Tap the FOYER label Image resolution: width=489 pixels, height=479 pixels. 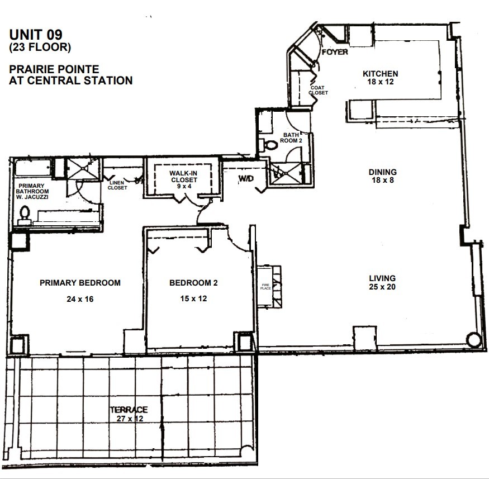point(335,53)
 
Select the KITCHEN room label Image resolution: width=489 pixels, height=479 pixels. point(380,74)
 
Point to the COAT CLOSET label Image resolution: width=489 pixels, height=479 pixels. point(319,90)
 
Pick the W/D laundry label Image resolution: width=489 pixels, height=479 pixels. point(246,178)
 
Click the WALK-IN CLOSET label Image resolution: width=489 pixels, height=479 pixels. point(183,177)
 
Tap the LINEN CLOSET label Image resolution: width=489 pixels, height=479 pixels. point(117,185)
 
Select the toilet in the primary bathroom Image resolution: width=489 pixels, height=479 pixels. point(24,214)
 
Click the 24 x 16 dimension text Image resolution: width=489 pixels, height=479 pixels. point(80,299)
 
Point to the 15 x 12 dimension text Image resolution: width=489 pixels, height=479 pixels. point(193,299)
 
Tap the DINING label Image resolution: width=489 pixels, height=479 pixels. point(382,172)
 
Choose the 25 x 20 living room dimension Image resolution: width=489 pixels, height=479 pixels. point(382,287)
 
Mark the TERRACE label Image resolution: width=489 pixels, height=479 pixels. point(129,410)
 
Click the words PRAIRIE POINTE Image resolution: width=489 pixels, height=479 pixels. point(54,69)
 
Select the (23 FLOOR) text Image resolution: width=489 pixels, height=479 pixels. point(40,48)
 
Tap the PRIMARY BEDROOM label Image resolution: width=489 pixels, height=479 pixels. point(80,283)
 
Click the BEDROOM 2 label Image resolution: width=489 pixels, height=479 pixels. point(193,283)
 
